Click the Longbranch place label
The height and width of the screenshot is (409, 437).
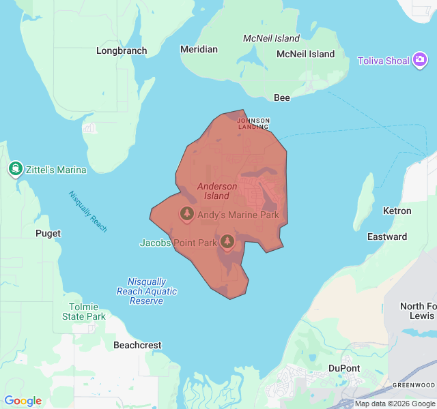[x=122, y=50]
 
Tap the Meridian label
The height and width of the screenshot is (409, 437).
[x=199, y=49]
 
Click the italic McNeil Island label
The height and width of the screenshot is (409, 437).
[x=271, y=38]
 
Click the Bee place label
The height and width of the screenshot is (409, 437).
[x=282, y=97]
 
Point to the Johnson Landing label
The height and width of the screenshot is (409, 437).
[x=253, y=123]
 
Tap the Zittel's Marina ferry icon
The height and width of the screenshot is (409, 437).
[x=15, y=169]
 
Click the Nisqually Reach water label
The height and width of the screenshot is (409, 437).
[x=87, y=211]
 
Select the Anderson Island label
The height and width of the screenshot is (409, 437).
[x=217, y=191]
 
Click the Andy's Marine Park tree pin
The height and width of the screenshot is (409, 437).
[x=186, y=214]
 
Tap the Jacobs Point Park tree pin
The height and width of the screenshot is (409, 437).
[x=227, y=241]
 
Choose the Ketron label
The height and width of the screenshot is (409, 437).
[x=397, y=211]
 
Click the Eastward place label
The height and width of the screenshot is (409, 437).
[x=387, y=237]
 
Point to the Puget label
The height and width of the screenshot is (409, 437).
[x=48, y=233]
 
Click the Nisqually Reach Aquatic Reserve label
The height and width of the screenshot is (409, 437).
[x=147, y=291]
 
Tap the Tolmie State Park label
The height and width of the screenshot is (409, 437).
[x=84, y=312]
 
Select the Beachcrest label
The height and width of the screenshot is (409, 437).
[x=137, y=345]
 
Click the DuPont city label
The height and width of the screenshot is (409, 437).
[x=344, y=368]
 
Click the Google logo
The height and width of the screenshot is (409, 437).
[x=23, y=401]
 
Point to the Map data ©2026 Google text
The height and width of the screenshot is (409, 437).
[x=394, y=404]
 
